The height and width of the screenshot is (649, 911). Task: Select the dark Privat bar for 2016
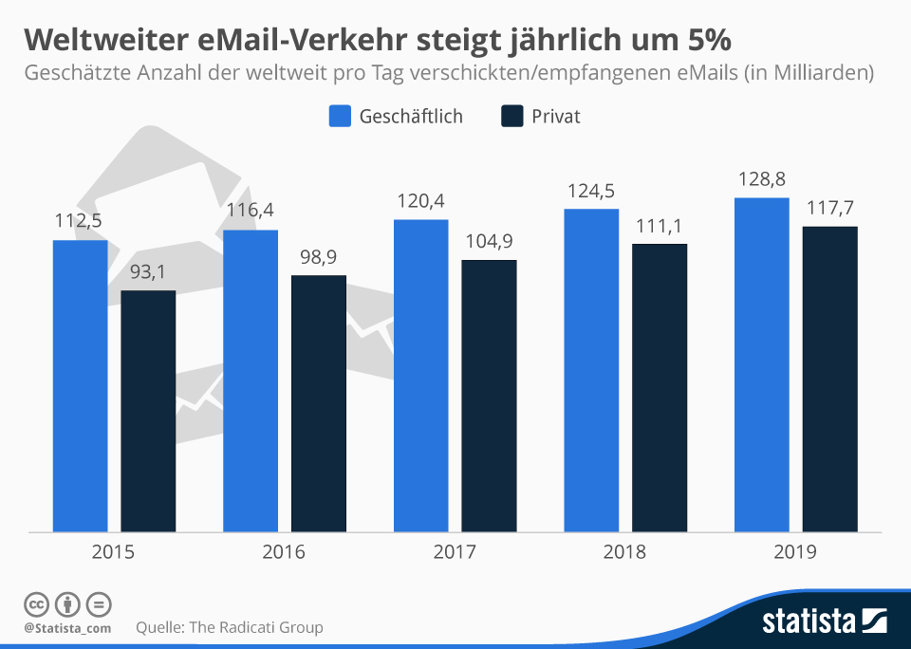point(319,403)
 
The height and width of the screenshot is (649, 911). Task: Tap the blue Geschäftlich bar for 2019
point(762,364)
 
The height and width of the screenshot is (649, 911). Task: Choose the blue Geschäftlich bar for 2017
point(420,375)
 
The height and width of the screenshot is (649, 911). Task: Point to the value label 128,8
point(762,179)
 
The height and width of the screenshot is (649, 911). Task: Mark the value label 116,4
point(251,211)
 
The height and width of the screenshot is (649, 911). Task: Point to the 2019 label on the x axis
point(796,552)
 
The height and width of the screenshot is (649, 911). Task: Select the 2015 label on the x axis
point(114,552)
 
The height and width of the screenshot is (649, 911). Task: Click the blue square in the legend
point(340,117)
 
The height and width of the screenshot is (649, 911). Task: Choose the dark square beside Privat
point(511,117)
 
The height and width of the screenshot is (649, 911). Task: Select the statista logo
point(824,621)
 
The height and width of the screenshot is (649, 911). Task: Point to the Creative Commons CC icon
point(36,603)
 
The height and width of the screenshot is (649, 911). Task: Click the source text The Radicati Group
point(257,627)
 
